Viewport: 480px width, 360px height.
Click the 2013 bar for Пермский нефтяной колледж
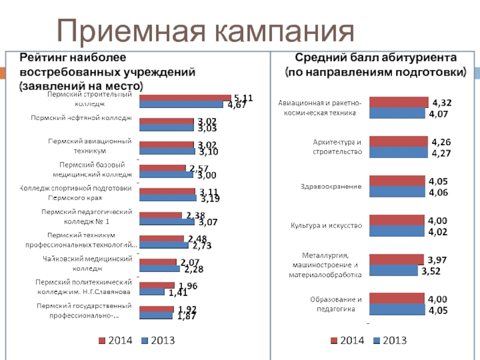coord(166,128)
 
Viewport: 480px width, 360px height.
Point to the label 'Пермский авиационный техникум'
coord(90,146)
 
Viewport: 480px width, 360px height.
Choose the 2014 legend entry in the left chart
coord(116,341)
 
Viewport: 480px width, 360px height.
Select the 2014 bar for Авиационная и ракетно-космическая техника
coord(398,102)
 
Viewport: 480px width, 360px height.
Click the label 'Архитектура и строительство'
coord(338,147)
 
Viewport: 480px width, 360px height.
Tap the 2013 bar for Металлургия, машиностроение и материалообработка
coord(393,271)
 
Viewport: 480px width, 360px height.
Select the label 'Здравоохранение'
coord(331,187)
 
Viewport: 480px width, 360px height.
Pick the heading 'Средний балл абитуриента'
coord(376,58)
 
